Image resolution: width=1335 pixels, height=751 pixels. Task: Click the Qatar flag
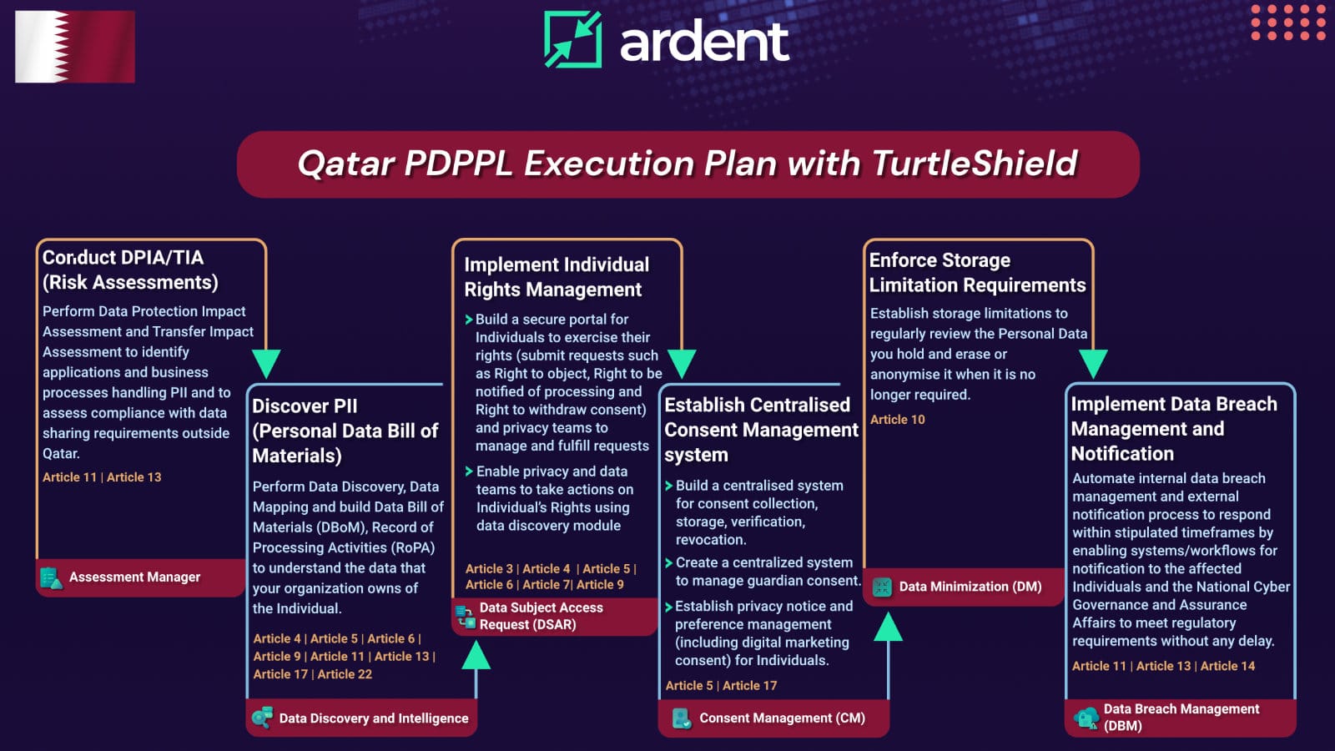(x=75, y=47)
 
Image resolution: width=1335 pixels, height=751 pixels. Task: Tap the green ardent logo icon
(x=572, y=39)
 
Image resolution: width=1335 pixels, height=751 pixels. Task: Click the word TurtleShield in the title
(x=975, y=164)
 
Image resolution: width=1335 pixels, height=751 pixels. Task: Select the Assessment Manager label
(x=134, y=577)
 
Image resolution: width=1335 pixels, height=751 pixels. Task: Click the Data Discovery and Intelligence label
(x=373, y=718)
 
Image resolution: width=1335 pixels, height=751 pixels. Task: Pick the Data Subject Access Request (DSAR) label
(x=541, y=616)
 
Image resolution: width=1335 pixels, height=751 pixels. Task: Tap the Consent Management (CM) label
(x=782, y=718)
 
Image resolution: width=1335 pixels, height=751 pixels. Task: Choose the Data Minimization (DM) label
(x=970, y=587)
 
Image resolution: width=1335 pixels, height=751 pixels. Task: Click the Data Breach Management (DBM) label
(x=1181, y=717)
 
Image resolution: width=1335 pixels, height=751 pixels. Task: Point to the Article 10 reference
(x=897, y=420)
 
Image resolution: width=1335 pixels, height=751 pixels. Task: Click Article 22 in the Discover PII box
(x=345, y=674)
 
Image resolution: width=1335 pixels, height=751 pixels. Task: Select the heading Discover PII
(x=305, y=406)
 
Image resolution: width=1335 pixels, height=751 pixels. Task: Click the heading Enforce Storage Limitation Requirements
(x=977, y=273)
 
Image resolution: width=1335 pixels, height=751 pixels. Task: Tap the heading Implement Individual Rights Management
(x=557, y=277)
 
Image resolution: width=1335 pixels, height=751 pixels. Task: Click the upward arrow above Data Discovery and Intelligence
(x=476, y=656)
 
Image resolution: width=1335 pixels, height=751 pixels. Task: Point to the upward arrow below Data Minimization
(x=888, y=628)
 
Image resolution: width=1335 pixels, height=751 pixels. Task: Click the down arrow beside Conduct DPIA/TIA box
(x=266, y=364)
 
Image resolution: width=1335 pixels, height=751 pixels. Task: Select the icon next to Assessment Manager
(x=51, y=577)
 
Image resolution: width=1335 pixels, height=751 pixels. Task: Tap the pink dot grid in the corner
(x=1288, y=23)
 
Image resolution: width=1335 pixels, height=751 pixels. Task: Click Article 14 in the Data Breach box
(x=1227, y=666)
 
